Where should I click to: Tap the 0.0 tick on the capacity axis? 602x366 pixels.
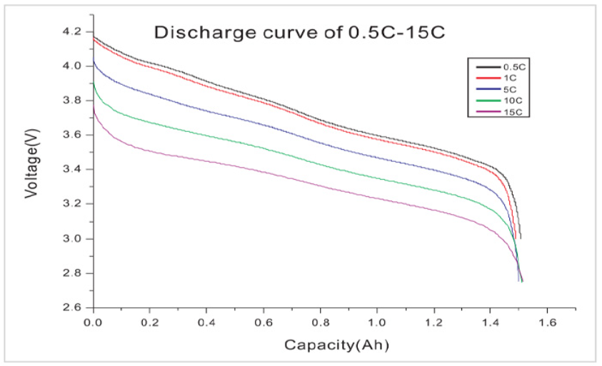[x=93, y=322]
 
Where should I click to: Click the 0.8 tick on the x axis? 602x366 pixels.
[x=320, y=322]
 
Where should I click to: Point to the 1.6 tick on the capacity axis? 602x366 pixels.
[x=547, y=322]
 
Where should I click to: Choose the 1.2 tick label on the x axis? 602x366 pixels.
[x=433, y=322]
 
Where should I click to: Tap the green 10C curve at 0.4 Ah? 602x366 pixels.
[x=206, y=135]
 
